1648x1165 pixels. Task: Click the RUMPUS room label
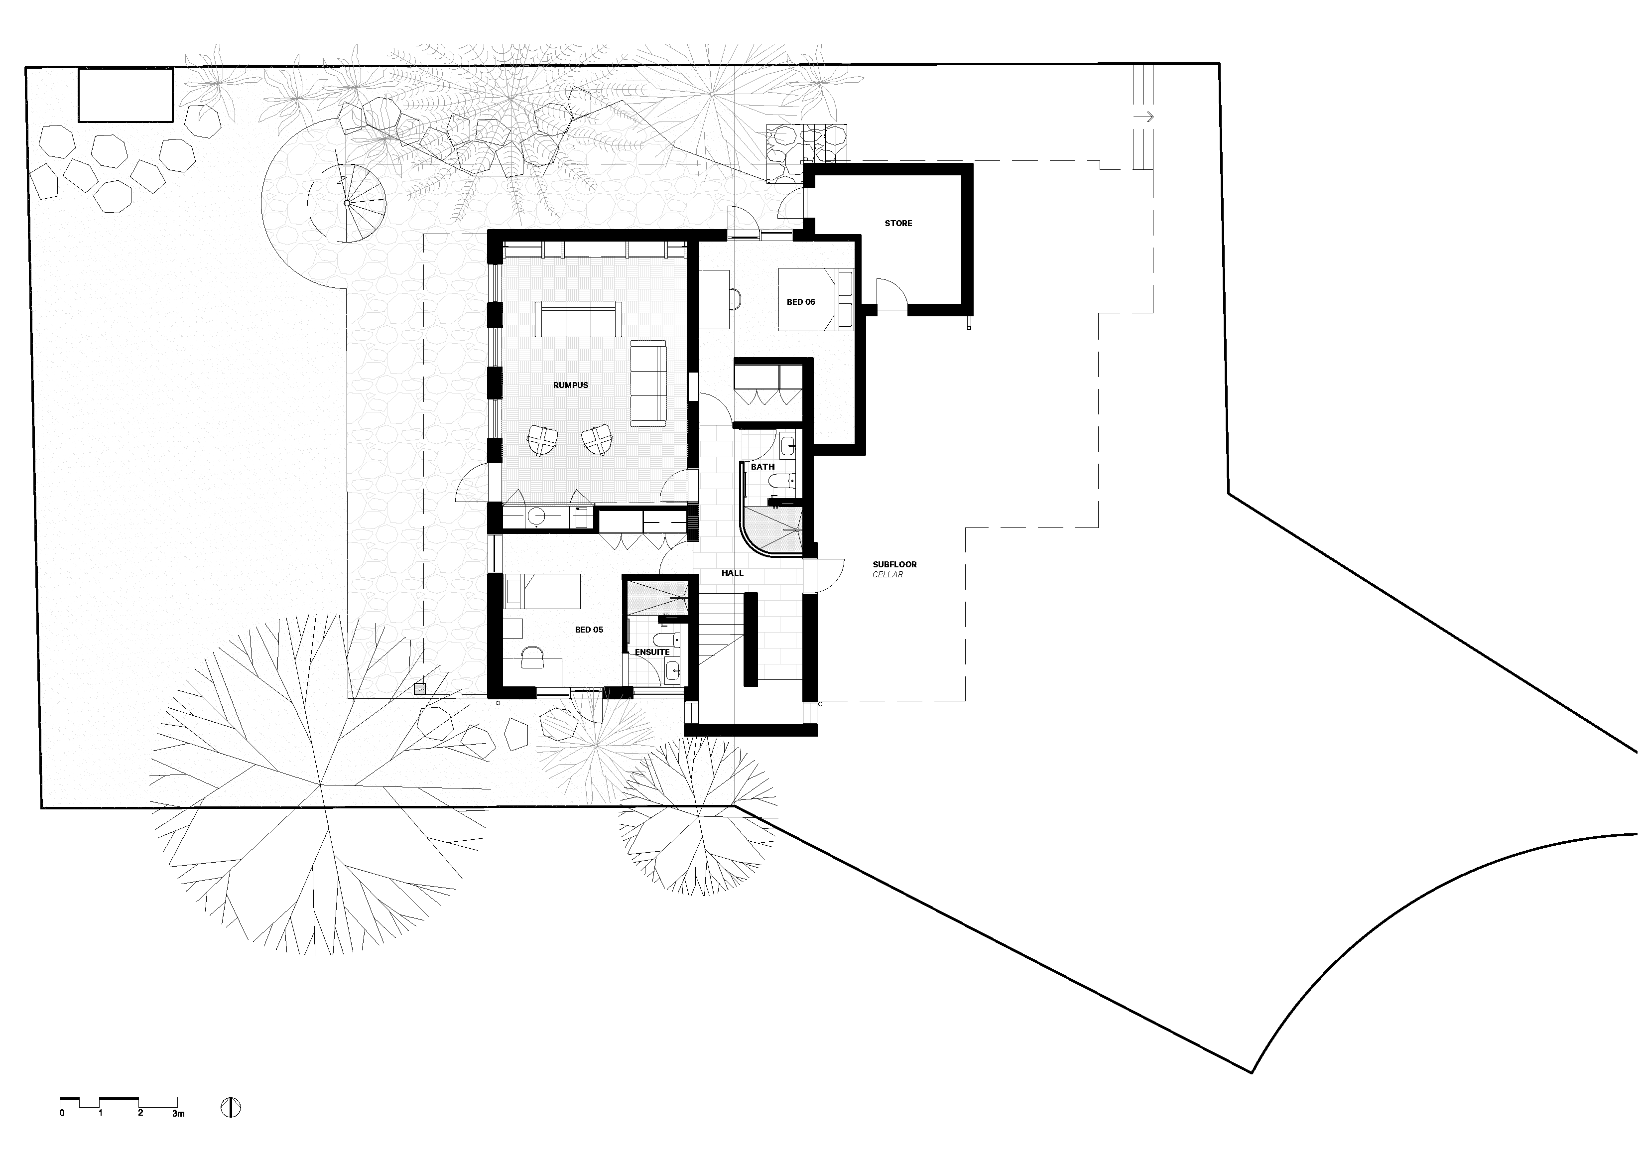pos(571,386)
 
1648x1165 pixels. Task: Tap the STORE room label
pos(898,223)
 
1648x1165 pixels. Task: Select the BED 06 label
pos(800,302)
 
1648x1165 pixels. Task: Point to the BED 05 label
pos(589,630)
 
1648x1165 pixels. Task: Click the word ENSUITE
pos(652,652)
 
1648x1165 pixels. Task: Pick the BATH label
pos(762,467)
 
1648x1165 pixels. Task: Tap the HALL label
pos(732,573)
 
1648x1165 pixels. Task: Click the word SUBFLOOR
pos(894,565)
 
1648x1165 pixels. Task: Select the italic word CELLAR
pos(888,575)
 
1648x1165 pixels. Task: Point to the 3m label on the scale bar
pos(178,1113)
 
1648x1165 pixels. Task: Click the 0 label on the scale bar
pos(62,1113)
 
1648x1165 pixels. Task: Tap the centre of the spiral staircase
pos(347,203)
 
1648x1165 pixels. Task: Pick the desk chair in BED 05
pos(532,657)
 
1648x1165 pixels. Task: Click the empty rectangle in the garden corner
pos(126,96)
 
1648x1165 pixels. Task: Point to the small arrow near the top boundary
pos(1143,116)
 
